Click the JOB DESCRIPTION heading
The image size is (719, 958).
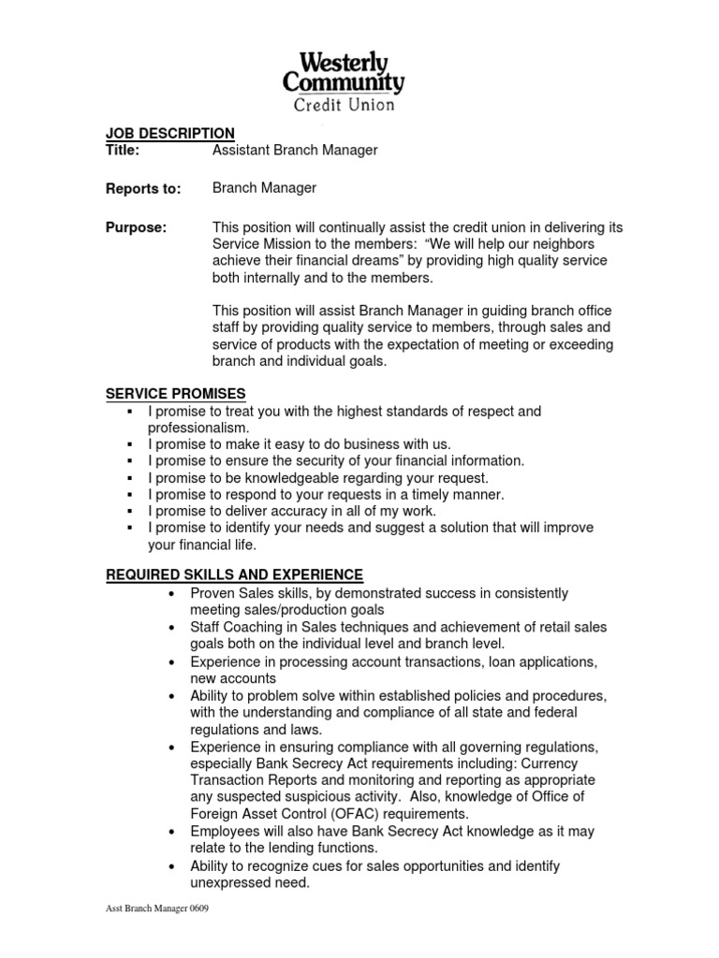tap(169, 133)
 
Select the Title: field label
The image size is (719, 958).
tap(122, 150)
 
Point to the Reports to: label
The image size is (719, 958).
tap(142, 189)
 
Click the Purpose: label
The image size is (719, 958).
tap(136, 228)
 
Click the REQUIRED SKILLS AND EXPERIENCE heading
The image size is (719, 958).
tap(234, 573)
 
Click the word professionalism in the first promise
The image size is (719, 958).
tap(198, 428)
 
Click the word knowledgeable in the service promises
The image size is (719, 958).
tap(280, 478)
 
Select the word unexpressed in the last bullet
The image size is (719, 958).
tap(230, 882)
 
